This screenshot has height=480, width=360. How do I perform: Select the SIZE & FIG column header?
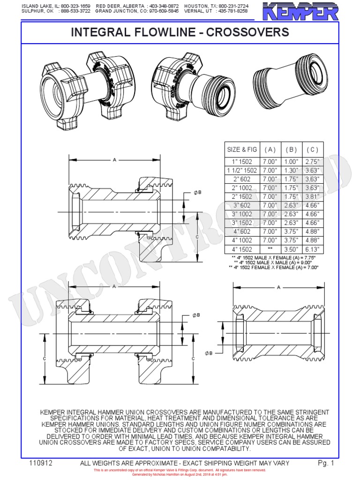242,150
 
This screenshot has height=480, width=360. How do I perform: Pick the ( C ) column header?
312,150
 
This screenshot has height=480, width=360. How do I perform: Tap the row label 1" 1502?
242,162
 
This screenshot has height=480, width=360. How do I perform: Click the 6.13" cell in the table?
312,249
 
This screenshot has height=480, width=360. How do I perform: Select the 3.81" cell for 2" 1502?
312,197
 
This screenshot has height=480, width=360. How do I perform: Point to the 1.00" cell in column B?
291,162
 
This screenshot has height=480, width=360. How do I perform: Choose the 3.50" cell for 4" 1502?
291,249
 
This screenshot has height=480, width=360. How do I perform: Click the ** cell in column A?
270,249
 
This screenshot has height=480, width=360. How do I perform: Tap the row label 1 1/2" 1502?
242,171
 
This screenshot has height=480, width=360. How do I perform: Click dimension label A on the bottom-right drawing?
278,287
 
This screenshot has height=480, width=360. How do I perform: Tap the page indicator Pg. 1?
325,463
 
